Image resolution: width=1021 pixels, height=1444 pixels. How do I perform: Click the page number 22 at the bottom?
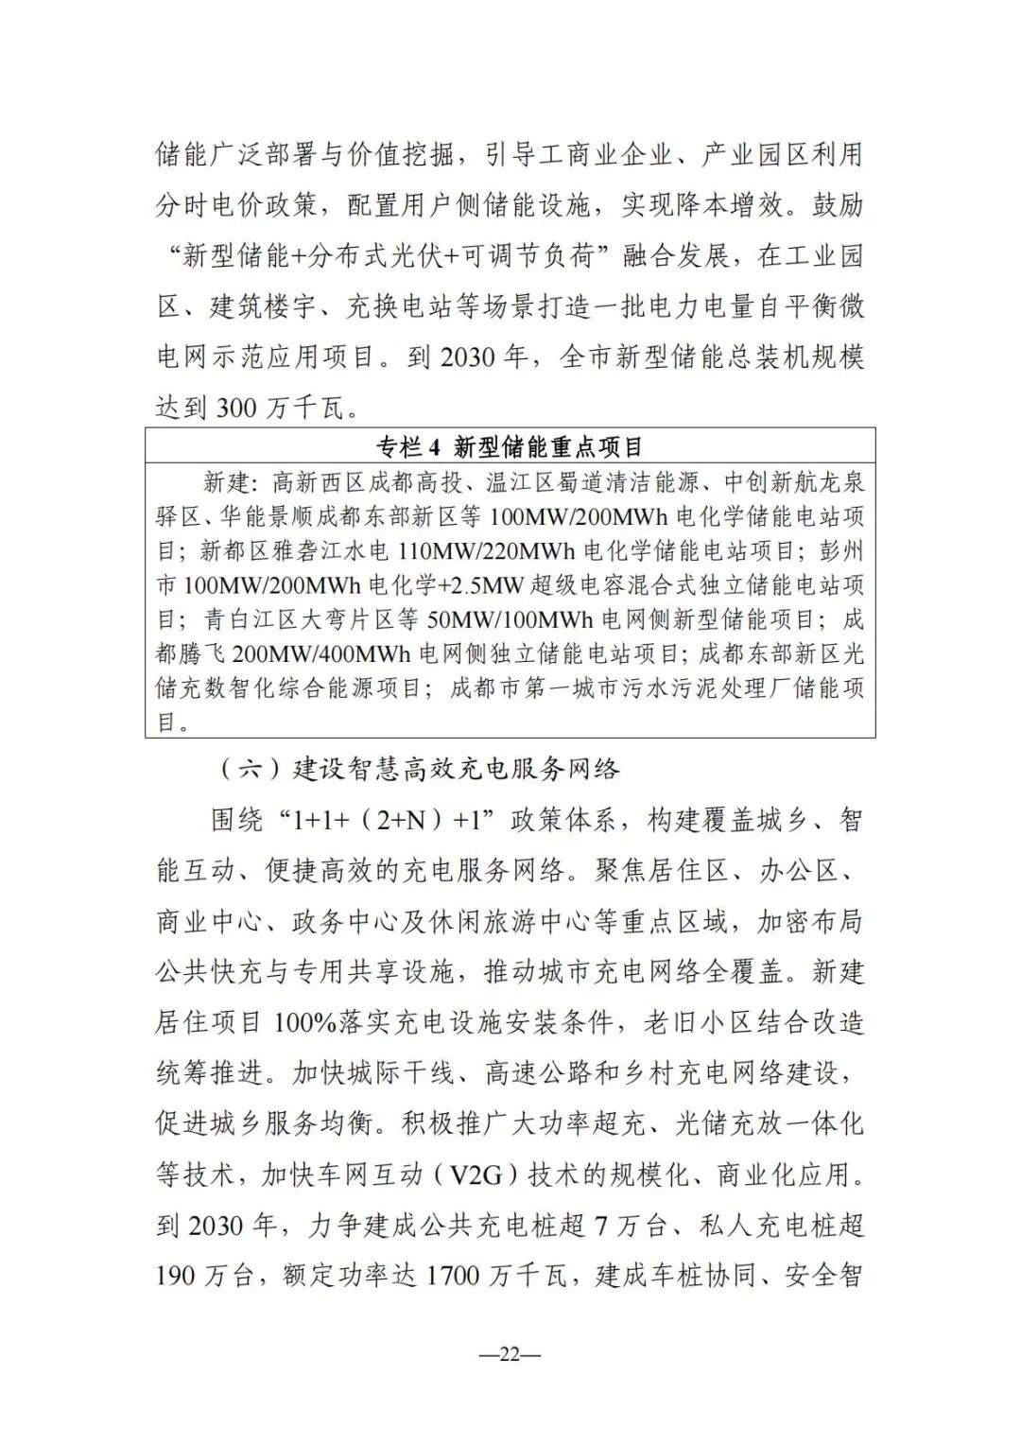[x=510, y=1354]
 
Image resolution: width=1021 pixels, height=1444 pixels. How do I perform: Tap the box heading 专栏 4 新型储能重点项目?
[x=510, y=446]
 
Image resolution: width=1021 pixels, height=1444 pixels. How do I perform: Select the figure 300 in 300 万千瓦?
[x=236, y=408]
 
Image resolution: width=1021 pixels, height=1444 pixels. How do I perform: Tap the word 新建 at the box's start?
[x=227, y=483]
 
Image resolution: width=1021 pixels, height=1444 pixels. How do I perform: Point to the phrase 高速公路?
[x=538, y=1073]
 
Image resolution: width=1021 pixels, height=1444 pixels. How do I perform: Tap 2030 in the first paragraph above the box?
[x=467, y=357]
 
